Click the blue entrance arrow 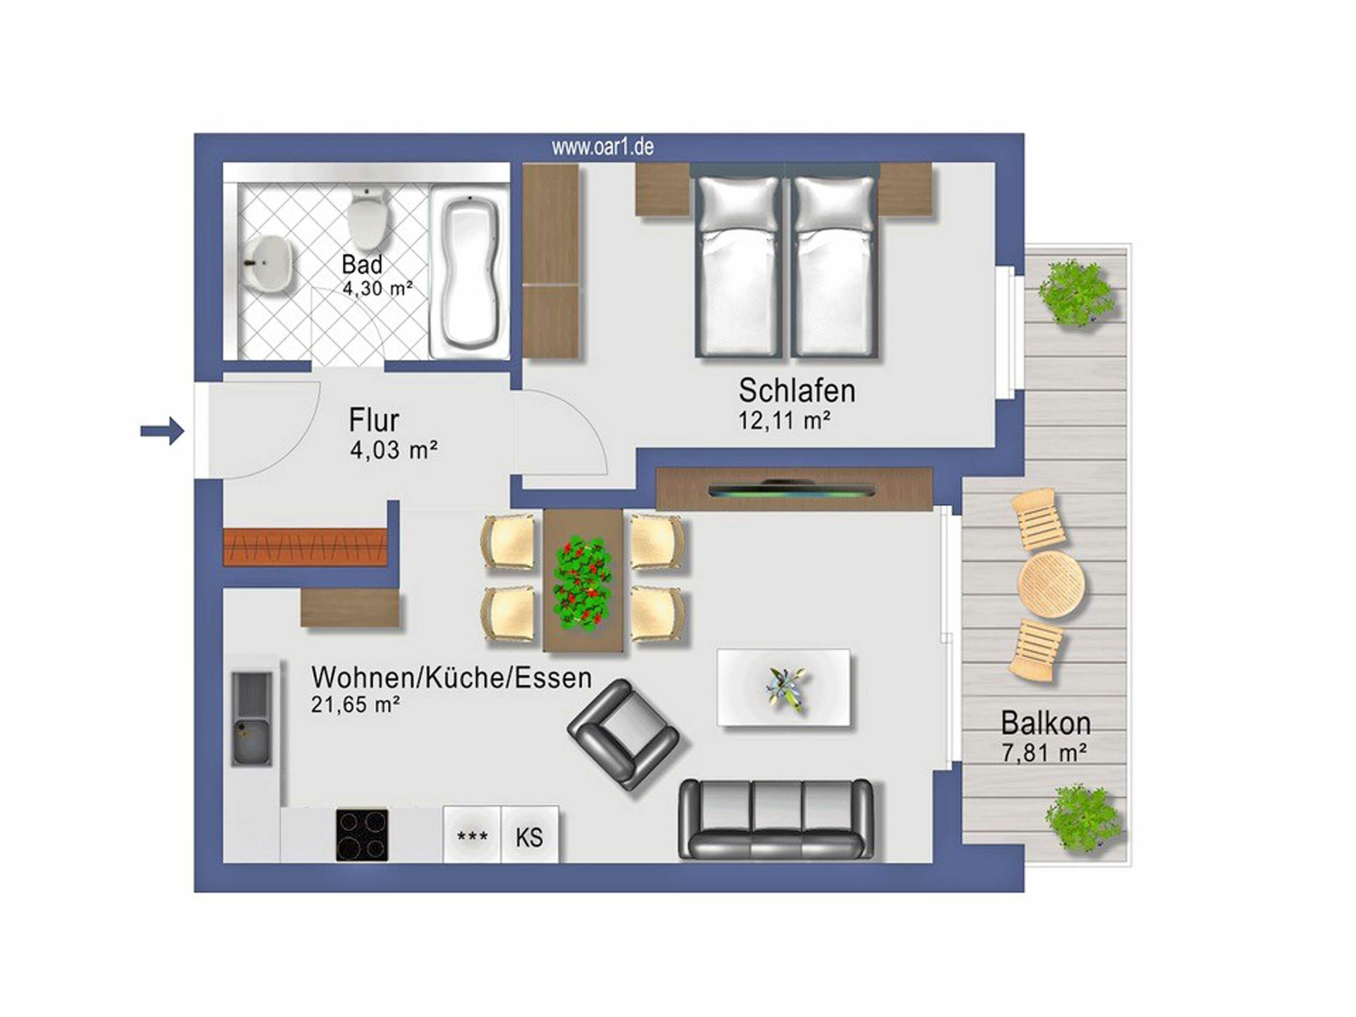tap(162, 431)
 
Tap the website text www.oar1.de tap(603, 147)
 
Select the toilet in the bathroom tap(369, 219)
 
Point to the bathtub tap(470, 272)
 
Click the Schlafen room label tap(796, 391)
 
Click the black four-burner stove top tap(362, 835)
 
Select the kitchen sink tap(252, 718)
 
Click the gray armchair tap(623, 734)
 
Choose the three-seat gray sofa tap(776, 819)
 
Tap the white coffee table tap(783, 688)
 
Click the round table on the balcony tap(1051, 584)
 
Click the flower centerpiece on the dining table tap(582, 584)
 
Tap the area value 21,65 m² tap(356, 705)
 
